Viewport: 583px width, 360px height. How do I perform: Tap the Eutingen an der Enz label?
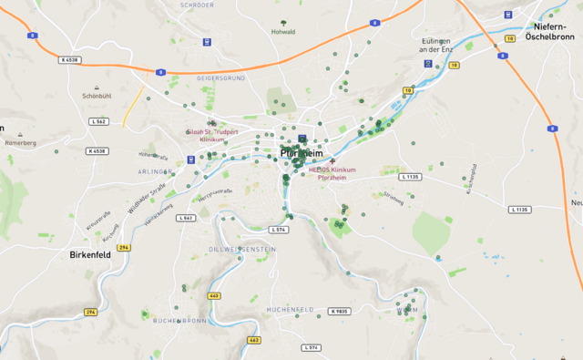pyautogui.click(x=435, y=45)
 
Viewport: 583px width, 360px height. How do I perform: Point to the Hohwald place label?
pyautogui.click(x=283, y=32)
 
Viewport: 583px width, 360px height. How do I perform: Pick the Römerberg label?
pyautogui.click(x=20, y=143)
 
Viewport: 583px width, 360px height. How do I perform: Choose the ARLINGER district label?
pyautogui.click(x=156, y=171)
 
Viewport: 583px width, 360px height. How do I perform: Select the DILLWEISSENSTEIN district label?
pyautogui.click(x=242, y=249)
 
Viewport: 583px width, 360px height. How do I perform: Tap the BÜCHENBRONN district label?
pyautogui.click(x=179, y=321)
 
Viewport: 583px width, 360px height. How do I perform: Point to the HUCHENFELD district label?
pyautogui.click(x=291, y=311)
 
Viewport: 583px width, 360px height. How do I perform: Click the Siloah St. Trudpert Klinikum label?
pyautogui.click(x=212, y=136)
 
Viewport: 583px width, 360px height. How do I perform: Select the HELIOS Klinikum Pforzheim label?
pyautogui.click(x=331, y=174)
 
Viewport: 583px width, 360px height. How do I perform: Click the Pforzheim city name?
pyautogui.click(x=302, y=153)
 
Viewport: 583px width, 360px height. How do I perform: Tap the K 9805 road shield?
pyautogui.click(x=339, y=311)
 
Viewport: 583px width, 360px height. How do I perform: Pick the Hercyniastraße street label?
pyautogui.click(x=216, y=192)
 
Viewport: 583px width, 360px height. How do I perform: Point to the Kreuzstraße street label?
pyautogui.click(x=97, y=221)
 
